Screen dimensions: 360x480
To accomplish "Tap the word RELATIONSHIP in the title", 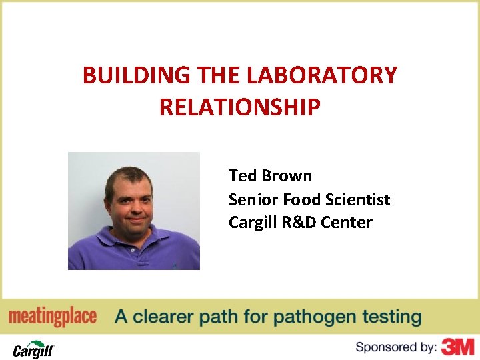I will [240, 106].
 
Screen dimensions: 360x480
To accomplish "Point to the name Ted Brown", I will [270, 176].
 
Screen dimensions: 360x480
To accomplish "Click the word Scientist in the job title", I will [358, 199].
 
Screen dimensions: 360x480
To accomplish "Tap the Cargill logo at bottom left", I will [33, 348].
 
